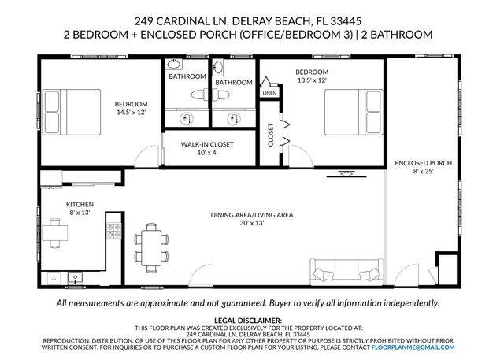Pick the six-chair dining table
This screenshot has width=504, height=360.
point(150,244)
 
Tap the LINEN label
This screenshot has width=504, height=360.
point(270,93)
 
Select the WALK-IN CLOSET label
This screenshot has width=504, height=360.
point(208,145)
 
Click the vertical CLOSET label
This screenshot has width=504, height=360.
point(271,135)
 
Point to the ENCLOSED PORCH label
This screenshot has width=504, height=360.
point(423,163)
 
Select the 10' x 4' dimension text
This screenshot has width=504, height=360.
point(208,153)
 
